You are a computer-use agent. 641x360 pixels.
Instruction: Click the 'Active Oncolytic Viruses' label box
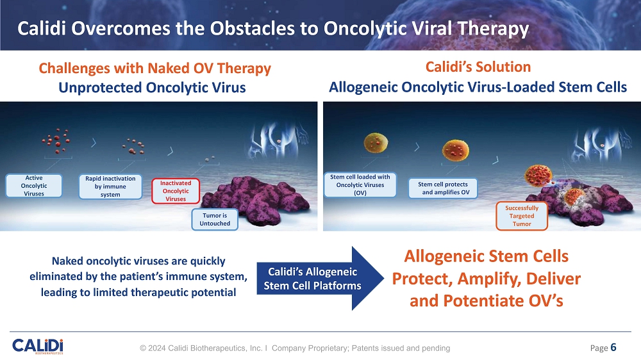34,186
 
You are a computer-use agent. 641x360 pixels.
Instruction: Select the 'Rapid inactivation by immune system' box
110,186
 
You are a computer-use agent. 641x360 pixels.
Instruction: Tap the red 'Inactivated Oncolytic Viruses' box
176,191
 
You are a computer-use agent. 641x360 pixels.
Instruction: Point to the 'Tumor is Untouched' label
215,220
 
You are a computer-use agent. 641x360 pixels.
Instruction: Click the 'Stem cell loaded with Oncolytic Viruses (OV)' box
360,184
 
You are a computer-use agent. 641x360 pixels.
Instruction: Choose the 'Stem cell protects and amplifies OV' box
443,188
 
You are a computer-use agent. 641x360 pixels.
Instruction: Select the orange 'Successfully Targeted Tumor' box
522,216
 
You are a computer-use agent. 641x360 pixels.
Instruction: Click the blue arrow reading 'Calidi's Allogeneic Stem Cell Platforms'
320,278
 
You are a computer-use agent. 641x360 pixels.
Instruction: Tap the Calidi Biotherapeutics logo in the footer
38,346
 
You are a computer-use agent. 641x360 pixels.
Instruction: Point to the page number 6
613,347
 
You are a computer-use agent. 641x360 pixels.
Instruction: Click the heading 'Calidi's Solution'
478,67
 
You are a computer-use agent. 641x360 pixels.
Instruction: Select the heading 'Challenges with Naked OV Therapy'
155,69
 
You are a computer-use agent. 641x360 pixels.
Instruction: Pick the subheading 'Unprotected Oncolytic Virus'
152,88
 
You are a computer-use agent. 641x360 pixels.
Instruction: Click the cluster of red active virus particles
56,141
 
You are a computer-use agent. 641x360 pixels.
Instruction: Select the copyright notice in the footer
295,348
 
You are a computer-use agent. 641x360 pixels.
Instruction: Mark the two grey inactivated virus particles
210,159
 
